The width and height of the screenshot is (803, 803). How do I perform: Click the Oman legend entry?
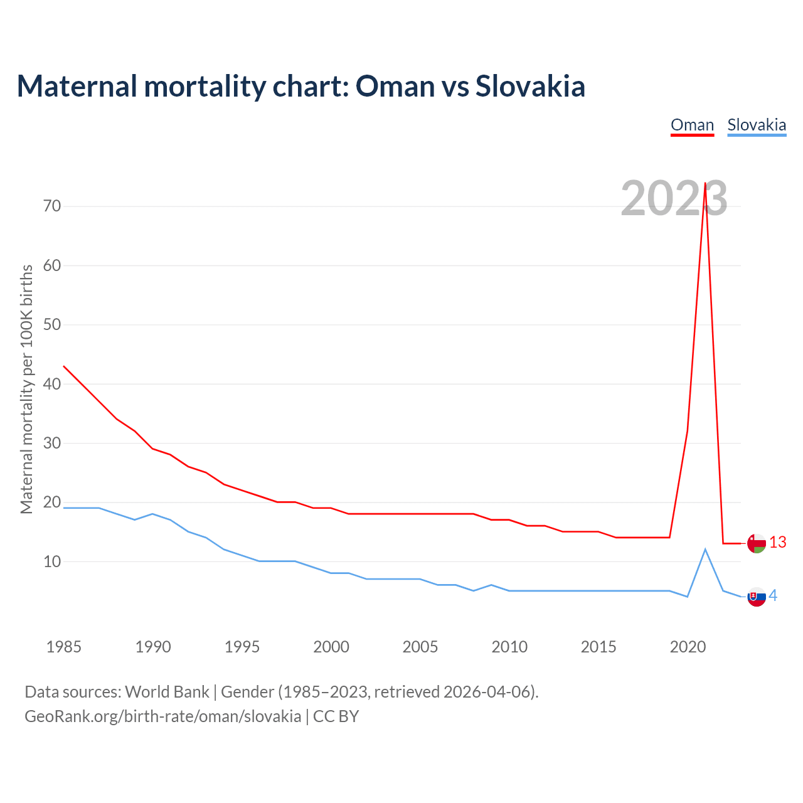coord(692,125)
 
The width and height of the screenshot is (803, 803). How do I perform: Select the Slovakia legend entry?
coord(757,125)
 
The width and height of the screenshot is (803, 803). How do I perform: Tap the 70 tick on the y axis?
coord(52,206)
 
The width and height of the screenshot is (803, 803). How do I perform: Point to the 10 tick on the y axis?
coord(52,561)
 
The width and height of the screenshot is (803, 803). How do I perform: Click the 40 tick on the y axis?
coord(52,384)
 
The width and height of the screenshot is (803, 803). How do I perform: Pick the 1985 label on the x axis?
coord(64,647)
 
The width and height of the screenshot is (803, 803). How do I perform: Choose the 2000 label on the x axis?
coord(331,647)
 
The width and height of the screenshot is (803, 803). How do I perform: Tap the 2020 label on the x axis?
coord(688,647)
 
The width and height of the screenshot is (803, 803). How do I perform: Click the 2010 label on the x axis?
coord(509,647)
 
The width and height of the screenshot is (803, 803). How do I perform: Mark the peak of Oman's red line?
coord(705,183)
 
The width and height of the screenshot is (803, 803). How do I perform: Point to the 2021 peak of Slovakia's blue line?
coord(705,550)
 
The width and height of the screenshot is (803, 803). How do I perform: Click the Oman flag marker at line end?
coord(757,543)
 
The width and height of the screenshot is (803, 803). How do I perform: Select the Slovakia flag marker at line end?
coord(757,597)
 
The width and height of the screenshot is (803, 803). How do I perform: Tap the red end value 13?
coord(778,543)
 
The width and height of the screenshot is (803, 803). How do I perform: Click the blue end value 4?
coord(774,596)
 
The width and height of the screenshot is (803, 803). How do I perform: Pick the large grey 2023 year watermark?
coord(674,199)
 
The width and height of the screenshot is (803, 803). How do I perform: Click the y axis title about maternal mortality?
coord(26,389)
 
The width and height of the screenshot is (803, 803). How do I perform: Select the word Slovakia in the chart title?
coord(530,86)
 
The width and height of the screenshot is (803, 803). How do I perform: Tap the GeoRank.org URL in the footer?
coord(162,716)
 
